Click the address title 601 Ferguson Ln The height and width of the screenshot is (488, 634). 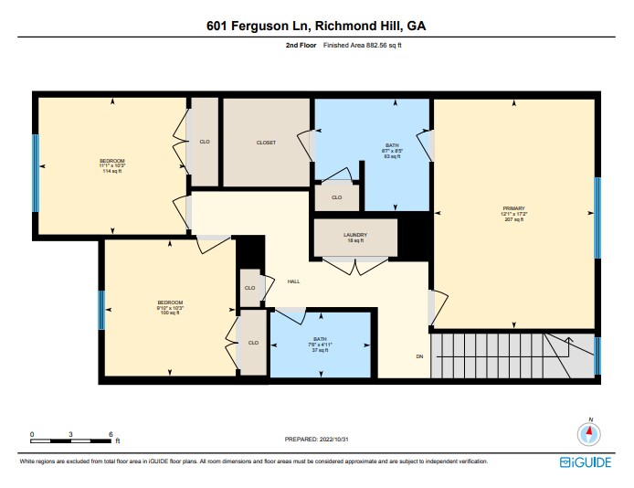pyautogui.click(x=316, y=27)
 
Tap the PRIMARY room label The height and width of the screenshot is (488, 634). pyautogui.click(x=512, y=213)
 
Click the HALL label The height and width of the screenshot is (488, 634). pyautogui.click(x=293, y=281)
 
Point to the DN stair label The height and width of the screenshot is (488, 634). pyautogui.click(x=419, y=355)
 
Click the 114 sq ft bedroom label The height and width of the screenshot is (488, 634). pyautogui.click(x=112, y=165)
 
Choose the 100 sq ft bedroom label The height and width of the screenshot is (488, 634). pyautogui.click(x=170, y=307)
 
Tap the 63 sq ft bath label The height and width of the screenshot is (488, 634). pyautogui.click(x=392, y=152)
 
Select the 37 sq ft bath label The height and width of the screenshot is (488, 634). pyautogui.click(x=320, y=344)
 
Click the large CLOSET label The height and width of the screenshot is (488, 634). pyautogui.click(x=266, y=143)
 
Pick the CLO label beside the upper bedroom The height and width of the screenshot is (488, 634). pyautogui.click(x=205, y=142)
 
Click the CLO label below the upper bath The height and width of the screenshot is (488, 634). pyautogui.click(x=336, y=196)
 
